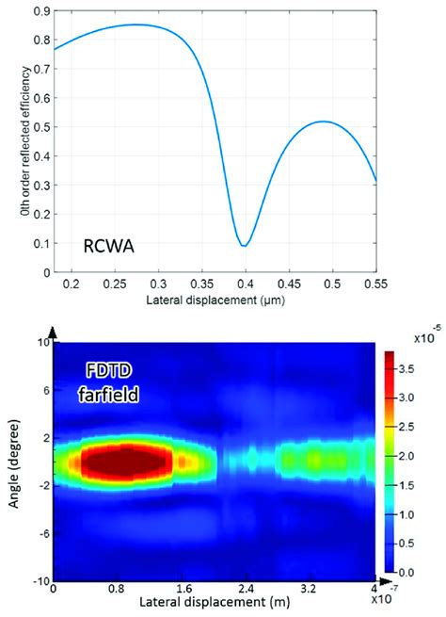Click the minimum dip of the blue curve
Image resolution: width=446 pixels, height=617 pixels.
[244, 245]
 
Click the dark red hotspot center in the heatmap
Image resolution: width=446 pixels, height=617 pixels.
[126, 462]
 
